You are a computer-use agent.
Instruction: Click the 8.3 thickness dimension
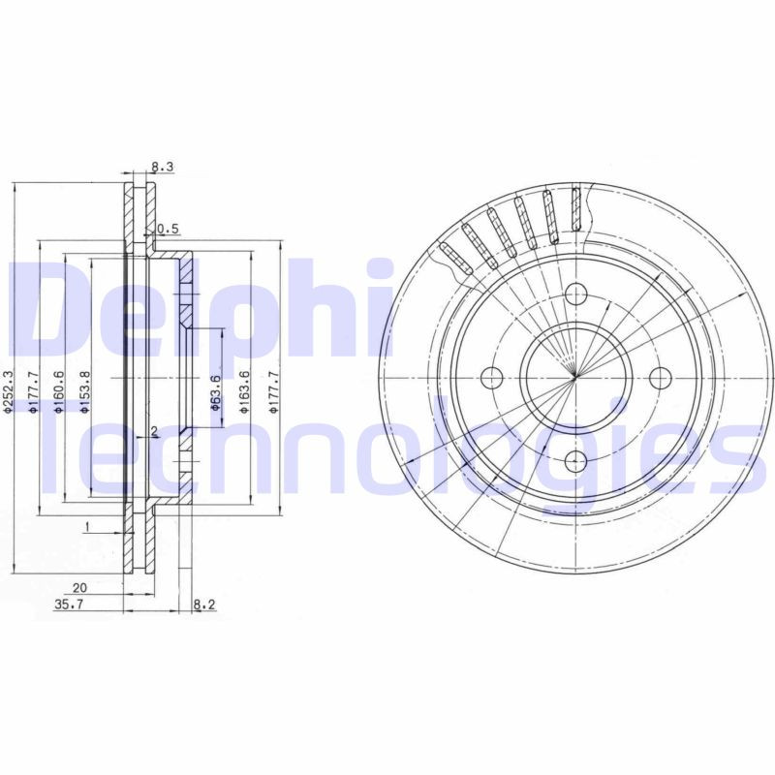pos(162,168)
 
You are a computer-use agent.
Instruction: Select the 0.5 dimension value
pos(170,229)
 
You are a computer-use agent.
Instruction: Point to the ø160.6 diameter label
pos(59,391)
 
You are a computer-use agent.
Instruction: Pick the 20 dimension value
pos(79,587)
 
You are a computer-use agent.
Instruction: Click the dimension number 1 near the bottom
pos(87,526)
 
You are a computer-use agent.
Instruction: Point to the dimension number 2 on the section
pos(153,431)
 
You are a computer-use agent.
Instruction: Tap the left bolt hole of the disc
pos(492,377)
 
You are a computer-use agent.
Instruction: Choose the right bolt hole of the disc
pos(661,377)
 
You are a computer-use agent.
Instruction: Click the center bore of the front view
pos(576,377)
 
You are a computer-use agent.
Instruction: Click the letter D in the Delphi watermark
pos(44,310)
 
